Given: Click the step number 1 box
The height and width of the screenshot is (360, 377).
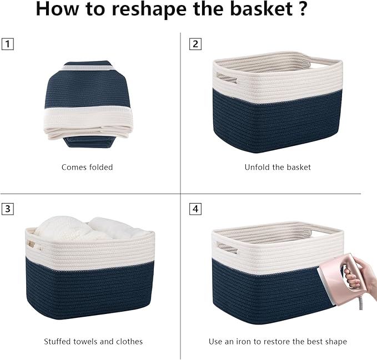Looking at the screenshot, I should coord(7,44).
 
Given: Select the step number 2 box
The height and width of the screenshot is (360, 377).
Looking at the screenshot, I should coord(195,44).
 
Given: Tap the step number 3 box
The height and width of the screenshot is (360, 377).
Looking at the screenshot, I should coord(7,209).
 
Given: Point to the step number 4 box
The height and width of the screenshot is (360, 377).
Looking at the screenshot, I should coord(195,209).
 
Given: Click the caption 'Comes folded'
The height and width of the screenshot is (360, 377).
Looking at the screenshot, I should coord(87,167).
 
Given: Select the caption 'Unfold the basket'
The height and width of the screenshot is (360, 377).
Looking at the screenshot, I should coord(278,167).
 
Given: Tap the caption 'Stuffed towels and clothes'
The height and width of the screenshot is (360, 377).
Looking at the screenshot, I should coord(93,341).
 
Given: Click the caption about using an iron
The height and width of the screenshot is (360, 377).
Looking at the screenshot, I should coord(278,341).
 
